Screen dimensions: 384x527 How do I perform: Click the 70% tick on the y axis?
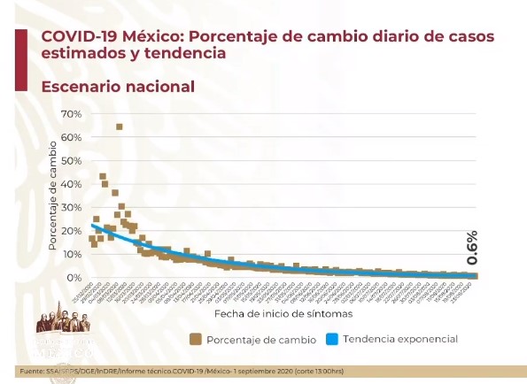coord(70,115)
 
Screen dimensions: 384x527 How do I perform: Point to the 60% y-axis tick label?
coord(70,138)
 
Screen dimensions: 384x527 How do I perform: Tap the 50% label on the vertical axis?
coord(70,161)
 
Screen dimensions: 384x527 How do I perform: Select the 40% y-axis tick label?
coord(70,184)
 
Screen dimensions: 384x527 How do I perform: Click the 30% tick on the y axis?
coord(70,207)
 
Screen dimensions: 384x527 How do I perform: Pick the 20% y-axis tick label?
coord(70,230)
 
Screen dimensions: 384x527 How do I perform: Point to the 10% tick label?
coord(70,254)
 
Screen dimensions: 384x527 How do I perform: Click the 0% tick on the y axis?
coord(74,277)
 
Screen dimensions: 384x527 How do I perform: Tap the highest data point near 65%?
coord(119,127)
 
